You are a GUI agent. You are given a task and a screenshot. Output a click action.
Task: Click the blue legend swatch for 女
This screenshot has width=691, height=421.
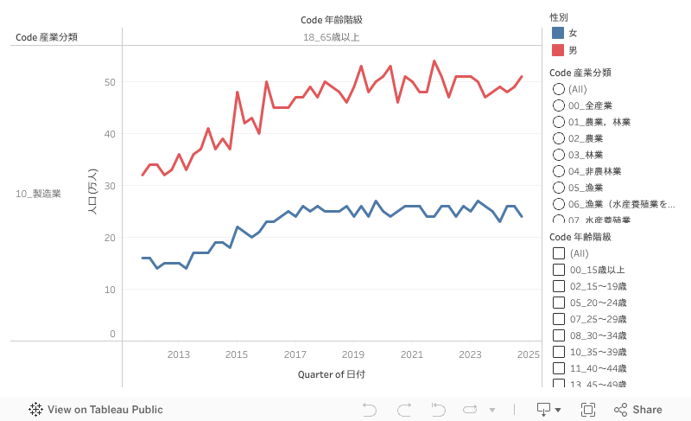558,33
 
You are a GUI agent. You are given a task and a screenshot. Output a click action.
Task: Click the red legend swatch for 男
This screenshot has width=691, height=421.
558,50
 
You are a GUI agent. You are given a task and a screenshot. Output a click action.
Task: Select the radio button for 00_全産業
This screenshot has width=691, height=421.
559,105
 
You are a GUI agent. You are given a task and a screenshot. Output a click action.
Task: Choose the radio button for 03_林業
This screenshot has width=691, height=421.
559,155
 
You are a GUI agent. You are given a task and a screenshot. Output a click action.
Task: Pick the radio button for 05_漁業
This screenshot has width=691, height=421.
559,188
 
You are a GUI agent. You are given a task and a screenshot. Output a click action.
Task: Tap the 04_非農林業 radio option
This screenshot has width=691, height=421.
559,171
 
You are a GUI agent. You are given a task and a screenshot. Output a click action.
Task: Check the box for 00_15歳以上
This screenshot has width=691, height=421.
559,270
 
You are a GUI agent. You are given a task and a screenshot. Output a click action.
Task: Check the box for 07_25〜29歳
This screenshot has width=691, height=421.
559,319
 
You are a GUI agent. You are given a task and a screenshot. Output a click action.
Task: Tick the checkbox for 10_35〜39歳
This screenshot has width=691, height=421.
559,352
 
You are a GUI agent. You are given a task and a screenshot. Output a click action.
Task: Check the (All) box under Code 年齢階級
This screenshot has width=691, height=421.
559,253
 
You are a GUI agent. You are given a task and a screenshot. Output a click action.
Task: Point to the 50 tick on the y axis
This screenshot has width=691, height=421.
110,82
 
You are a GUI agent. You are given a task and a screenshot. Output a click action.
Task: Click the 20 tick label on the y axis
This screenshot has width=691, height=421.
110,237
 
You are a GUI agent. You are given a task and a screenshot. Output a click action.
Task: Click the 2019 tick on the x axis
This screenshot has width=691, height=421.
353,354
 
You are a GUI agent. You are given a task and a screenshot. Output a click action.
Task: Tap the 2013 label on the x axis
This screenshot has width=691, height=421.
179,354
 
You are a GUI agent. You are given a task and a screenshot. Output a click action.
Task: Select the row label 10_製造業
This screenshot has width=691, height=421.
38,194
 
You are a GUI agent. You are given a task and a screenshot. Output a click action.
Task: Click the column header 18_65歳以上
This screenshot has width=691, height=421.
331,37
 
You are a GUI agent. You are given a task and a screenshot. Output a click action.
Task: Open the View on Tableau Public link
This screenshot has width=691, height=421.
96,410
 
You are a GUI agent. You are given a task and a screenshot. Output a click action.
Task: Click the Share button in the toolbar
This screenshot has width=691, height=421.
638,410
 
